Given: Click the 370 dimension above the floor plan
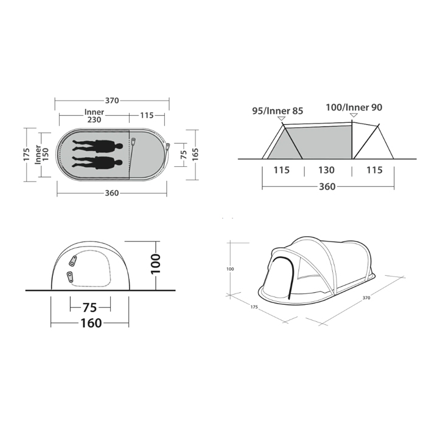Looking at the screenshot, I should point(111,100).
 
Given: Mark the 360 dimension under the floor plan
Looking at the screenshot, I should point(111,193).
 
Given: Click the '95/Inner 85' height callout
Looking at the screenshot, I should point(278,110).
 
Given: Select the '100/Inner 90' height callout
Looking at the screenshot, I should point(355,107).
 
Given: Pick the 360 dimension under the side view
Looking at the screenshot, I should point(327,186).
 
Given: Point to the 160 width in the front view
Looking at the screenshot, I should point(91,323).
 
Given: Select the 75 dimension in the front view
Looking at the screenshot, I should point(91,306).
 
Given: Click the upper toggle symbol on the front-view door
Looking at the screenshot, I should point(74,260).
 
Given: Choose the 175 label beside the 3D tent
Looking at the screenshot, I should point(254,307).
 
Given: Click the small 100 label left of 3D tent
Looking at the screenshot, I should point(230,268).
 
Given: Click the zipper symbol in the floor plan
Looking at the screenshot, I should point(134,142).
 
